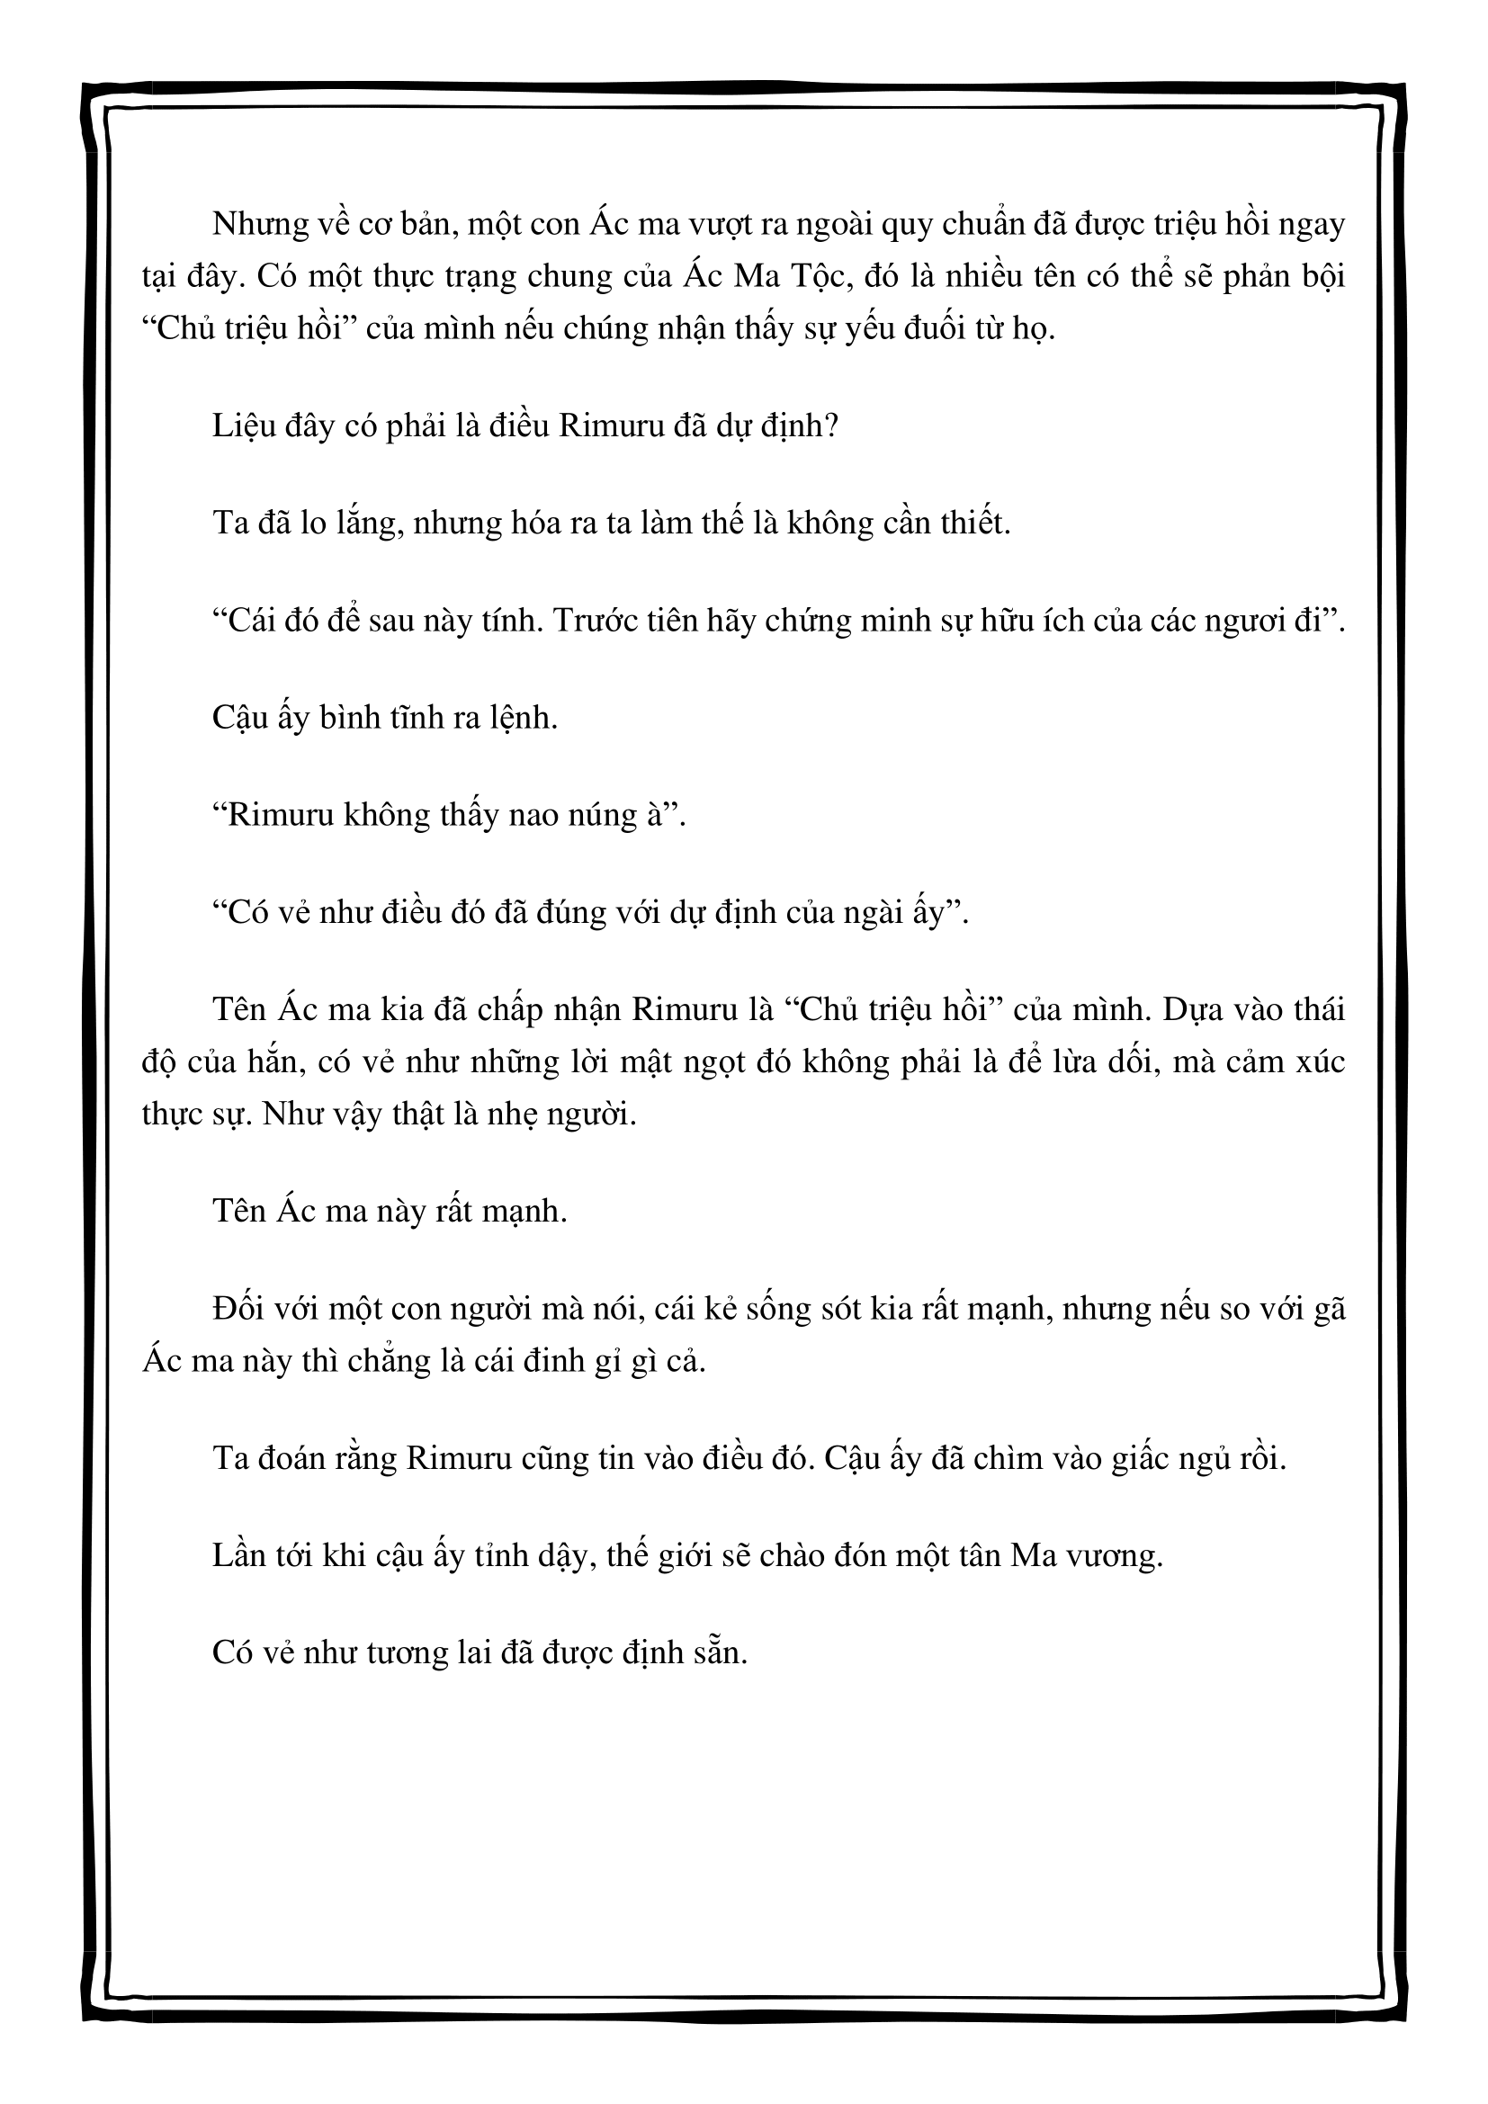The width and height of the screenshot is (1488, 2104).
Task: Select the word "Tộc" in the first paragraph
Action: point(822,276)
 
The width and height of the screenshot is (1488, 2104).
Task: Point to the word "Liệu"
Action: point(242,427)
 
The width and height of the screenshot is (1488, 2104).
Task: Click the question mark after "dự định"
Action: point(831,427)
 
